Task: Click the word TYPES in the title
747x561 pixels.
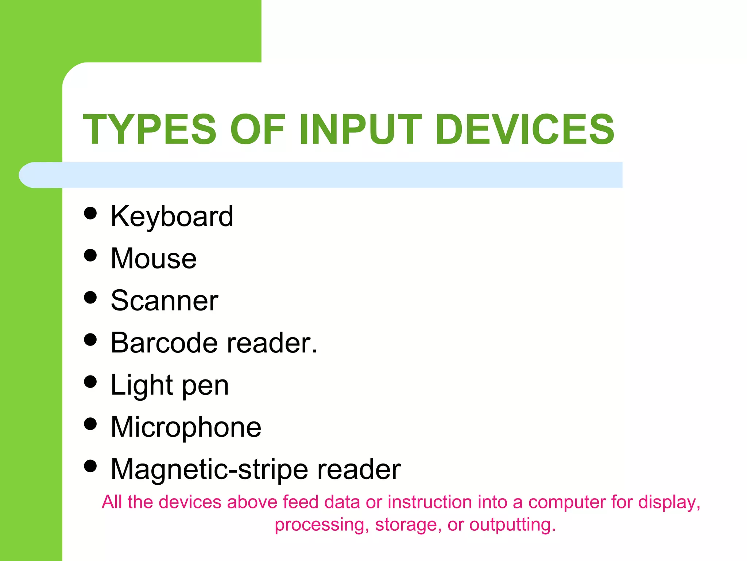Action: pyautogui.click(x=150, y=129)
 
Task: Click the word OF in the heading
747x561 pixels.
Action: pyautogui.click(x=257, y=129)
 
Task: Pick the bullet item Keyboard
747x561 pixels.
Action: pyautogui.click(x=172, y=217)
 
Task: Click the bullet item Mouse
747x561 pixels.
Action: pyautogui.click(x=154, y=259)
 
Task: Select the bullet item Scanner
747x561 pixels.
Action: pyautogui.click(x=164, y=301)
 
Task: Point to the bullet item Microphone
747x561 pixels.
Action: pyautogui.click(x=186, y=427)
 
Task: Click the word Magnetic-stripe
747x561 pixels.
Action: pyautogui.click(x=210, y=469)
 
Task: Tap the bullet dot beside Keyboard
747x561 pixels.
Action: pyautogui.click(x=90, y=213)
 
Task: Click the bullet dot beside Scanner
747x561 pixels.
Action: pyautogui.click(x=90, y=297)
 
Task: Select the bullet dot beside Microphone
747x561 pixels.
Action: pyautogui.click(x=90, y=424)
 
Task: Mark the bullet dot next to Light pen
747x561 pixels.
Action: pyautogui.click(x=90, y=382)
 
